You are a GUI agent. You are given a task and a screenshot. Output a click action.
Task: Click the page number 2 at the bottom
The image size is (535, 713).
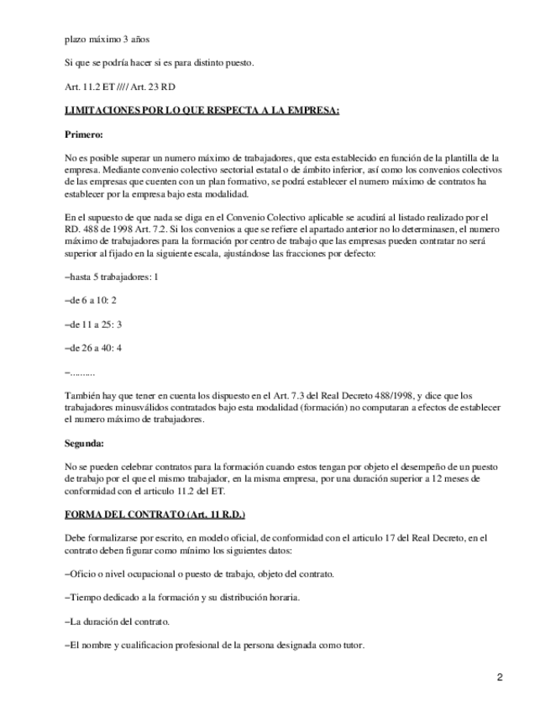click(x=499, y=678)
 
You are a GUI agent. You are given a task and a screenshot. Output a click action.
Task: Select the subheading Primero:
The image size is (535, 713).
click(x=84, y=134)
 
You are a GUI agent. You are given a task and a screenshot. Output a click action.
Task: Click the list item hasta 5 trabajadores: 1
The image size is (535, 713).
click(x=112, y=277)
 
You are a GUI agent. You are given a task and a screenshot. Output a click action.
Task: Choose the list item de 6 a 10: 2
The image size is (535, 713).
click(x=91, y=299)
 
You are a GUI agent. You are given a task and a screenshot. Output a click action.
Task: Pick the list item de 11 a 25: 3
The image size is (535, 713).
click(x=93, y=323)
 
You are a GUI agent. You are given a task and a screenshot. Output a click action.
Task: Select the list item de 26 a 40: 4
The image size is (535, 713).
click(x=93, y=346)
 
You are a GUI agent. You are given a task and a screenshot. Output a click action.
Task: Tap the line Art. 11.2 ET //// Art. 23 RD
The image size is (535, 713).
click(x=120, y=87)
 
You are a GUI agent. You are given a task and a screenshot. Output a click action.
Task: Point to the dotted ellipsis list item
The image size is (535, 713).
click(x=80, y=370)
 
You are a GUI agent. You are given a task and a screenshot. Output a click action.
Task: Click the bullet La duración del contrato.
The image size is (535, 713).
click(x=118, y=621)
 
